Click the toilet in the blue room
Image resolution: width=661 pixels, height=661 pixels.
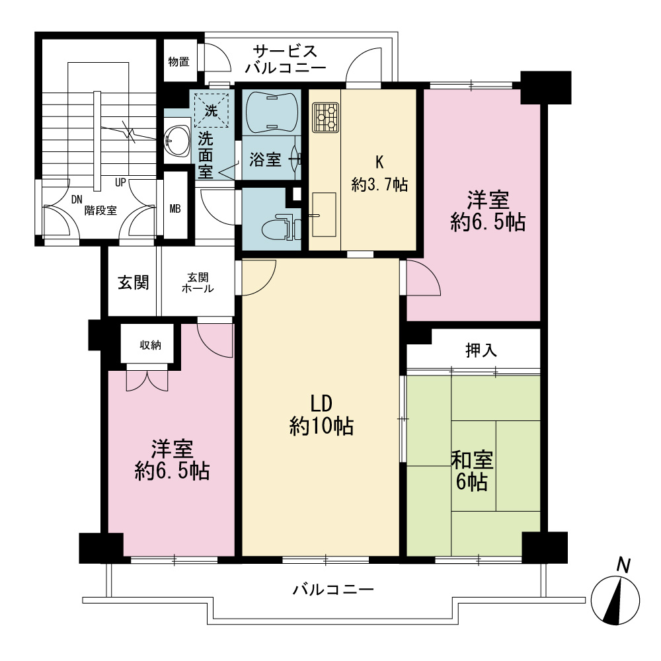pyautogui.click(x=281, y=228)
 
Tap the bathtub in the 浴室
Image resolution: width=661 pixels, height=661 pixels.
pyautogui.click(x=271, y=111)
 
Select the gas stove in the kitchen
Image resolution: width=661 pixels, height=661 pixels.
pyautogui.click(x=325, y=117)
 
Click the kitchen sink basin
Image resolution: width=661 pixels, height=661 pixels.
pyautogui.click(x=324, y=215)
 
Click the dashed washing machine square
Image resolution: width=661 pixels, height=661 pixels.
pyautogui.click(x=212, y=110)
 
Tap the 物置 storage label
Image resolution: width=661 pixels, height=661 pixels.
pyautogui.click(x=178, y=62)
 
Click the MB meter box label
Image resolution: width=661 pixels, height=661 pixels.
pyautogui.click(x=175, y=208)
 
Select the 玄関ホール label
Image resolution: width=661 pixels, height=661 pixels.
pyautogui.click(x=198, y=283)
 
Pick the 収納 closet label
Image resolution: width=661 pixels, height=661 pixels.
pyautogui.click(x=150, y=345)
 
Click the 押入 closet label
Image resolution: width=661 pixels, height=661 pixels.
pyautogui.click(x=481, y=350)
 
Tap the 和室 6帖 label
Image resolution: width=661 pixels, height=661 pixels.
pyautogui.click(x=472, y=471)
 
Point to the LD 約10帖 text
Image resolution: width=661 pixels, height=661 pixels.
pyautogui.click(x=321, y=415)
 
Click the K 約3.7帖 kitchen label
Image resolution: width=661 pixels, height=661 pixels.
pyautogui.click(x=379, y=173)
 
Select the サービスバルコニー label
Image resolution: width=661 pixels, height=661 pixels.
pyautogui.click(x=286, y=60)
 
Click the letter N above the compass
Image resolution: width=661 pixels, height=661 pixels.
pyautogui.click(x=623, y=565)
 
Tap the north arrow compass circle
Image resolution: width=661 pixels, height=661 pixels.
pyautogui.click(x=615, y=600)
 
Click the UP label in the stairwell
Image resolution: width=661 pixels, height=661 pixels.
pyautogui.click(x=120, y=183)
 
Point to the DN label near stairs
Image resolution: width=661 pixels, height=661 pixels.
pyautogui.click(x=76, y=200)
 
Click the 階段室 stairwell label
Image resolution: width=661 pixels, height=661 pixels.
pyautogui.click(x=100, y=210)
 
